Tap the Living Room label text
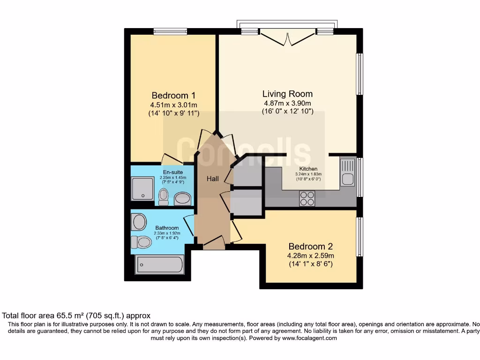click(x=287, y=94)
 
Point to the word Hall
click(x=213, y=179)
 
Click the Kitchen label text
click(x=308, y=169)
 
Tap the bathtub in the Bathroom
click(x=159, y=265)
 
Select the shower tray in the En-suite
click(x=142, y=188)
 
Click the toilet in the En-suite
click(x=164, y=196)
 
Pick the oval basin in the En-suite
click(x=182, y=199)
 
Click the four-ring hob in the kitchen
click(x=307, y=199)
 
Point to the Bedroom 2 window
click(x=360, y=236)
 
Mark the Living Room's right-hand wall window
click(x=360, y=74)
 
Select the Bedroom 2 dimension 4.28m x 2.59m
click(x=310, y=255)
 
